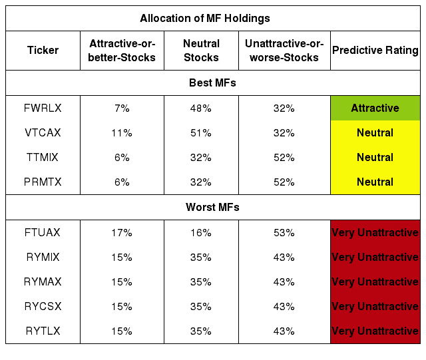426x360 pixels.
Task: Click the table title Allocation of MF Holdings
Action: pyautogui.click(x=205, y=18)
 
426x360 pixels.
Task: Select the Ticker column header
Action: pyautogui.click(x=43, y=51)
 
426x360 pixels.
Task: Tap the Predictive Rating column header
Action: pyautogui.click(x=375, y=51)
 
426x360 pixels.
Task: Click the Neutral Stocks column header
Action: pyautogui.click(x=201, y=51)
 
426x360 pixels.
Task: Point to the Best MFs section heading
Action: pyautogui.click(x=212, y=83)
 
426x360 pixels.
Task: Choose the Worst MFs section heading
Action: pyautogui.click(x=212, y=207)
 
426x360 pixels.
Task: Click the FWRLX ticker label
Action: pyautogui.click(x=43, y=108)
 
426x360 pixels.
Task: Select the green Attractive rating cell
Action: pyautogui.click(x=375, y=108)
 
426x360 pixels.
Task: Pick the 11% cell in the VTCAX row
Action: pyautogui.click(x=122, y=133)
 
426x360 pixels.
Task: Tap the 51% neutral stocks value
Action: pyautogui.click(x=201, y=133)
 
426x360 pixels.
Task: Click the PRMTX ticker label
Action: pyautogui.click(x=43, y=182)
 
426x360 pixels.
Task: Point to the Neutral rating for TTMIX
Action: pyautogui.click(x=375, y=157)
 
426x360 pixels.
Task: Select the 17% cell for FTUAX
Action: pyautogui.click(x=122, y=233)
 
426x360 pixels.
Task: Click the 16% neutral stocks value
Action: pyautogui.click(x=201, y=233)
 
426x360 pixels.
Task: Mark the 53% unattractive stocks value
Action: pyautogui.click(x=284, y=233)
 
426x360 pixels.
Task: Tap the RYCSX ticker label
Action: pyautogui.click(x=43, y=307)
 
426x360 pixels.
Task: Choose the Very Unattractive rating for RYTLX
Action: pyautogui.click(x=375, y=331)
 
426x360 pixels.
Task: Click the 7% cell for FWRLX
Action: pyautogui.click(x=122, y=108)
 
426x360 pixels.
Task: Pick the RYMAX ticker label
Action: pyautogui.click(x=43, y=281)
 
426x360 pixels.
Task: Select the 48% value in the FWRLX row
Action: pyautogui.click(x=201, y=108)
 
